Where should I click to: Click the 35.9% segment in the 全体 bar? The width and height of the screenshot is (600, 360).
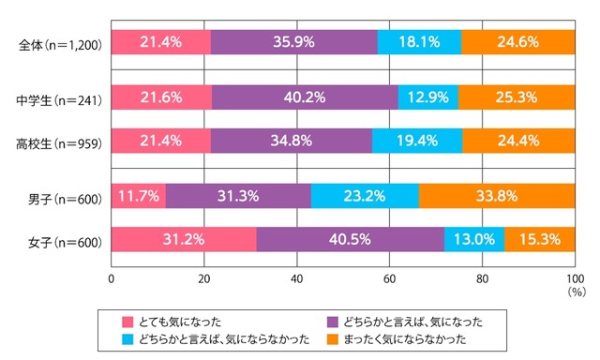pyautogui.click(x=294, y=42)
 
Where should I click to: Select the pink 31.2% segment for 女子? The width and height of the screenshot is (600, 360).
pyautogui.click(x=184, y=240)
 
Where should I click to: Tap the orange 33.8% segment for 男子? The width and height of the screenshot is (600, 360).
pyautogui.click(x=497, y=196)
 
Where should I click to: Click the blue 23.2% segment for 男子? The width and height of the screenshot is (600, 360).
pyautogui.click(x=365, y=196)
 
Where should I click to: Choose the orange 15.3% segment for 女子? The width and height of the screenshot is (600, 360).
pyautogui.click(x=540, y=240)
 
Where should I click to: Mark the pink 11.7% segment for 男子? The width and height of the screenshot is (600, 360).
pyautogui.click(x=139, y=196)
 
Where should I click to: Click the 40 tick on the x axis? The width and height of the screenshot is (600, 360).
pyautogui.click(x=297, y=278)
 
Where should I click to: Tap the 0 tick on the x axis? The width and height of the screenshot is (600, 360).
pyautogui.click(x=112, y=278)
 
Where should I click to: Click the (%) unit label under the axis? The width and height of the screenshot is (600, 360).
pyautogui.click(x=575, y=292)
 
